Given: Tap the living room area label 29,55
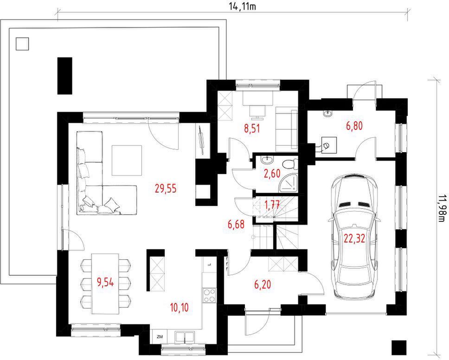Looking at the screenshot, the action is [166, 188].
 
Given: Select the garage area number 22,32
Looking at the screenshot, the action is [354, 238].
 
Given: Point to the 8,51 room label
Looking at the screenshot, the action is [252, 129].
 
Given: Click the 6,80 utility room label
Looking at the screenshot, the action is [354, 126].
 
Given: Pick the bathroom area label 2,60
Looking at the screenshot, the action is [272, 174].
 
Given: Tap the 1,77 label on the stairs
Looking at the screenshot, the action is [272, 205].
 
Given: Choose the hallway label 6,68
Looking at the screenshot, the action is [236, 224].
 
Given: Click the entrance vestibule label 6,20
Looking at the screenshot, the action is [263, 284].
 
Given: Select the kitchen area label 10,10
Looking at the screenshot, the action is [180, 308].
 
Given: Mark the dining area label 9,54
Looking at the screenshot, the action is [105, 283].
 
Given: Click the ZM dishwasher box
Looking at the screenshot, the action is [160, 336].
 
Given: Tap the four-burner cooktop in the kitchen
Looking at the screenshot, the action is [209, 295].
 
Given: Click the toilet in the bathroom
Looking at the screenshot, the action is [289, 164].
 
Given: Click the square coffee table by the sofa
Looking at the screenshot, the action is [127, 161].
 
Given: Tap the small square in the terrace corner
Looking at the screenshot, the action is [22, 44].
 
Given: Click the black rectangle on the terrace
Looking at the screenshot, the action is [65, 76].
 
